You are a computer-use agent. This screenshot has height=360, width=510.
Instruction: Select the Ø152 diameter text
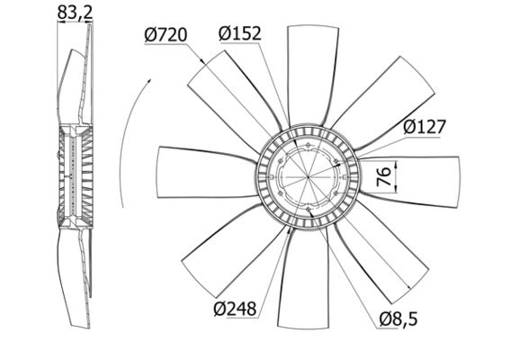[239, 33]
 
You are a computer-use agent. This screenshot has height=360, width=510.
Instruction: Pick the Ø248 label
[237, 309]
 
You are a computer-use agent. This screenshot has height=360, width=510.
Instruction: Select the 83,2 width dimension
[73, 13]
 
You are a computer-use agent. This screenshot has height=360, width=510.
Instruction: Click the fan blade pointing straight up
[309, 72]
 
